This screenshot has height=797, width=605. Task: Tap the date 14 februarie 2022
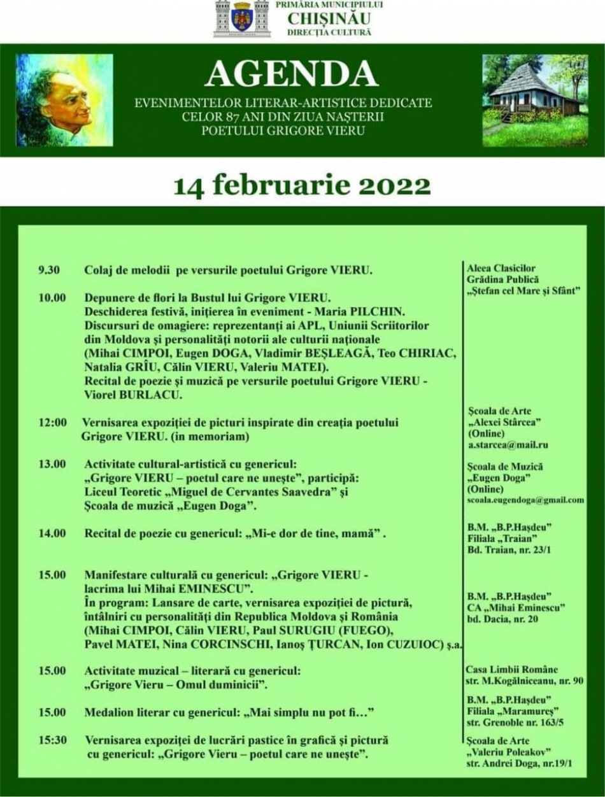(302, 185)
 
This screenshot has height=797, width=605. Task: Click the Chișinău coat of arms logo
(241, 18)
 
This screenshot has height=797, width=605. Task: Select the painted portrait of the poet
(64, 100)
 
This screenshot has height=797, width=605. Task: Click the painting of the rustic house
(535, 100)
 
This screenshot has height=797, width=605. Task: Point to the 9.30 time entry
(49, 270)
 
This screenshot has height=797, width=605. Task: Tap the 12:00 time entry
(51, 422)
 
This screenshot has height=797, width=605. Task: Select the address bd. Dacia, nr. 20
(503, 619)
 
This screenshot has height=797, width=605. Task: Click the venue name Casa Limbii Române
(512, 669)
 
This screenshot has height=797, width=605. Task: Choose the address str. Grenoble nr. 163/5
(515, 723)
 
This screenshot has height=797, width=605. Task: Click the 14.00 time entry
(52, 533)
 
